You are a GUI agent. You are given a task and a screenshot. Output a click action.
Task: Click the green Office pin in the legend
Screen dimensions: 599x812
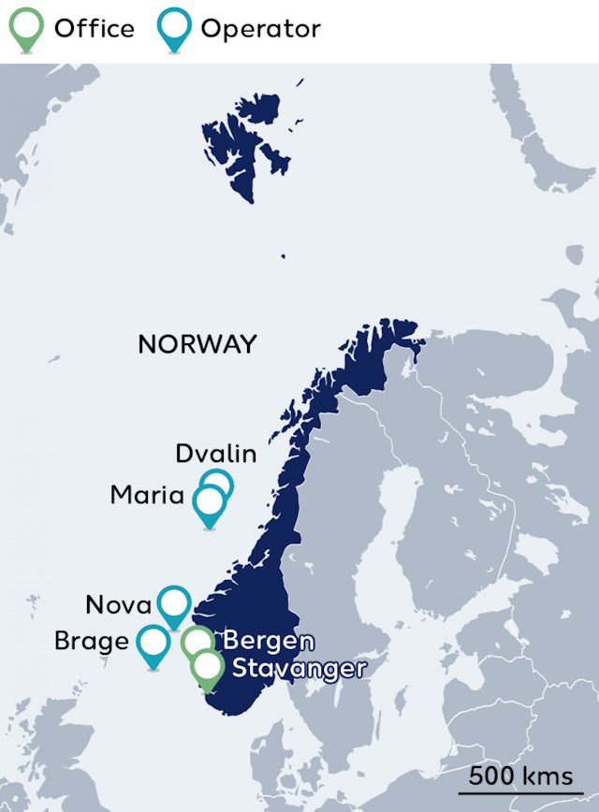(x=26, y=26)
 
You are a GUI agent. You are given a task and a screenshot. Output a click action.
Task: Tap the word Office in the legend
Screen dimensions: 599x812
(x=94, y=28)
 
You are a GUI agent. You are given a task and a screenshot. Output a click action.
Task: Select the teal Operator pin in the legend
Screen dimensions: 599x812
(x=174, y=26)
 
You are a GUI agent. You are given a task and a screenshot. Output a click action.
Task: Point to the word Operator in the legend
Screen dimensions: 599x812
(x=260, y=29)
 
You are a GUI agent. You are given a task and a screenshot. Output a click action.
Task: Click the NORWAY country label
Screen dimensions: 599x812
(x=197, y=344)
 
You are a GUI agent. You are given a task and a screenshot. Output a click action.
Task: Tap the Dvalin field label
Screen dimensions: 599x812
(x=216, y=454)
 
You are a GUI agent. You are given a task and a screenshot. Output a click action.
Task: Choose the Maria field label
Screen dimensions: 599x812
(x=147, y=495)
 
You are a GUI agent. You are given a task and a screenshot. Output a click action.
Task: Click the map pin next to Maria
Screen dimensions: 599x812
(x=210, y=502)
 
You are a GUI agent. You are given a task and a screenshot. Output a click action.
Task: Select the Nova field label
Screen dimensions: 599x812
(x=118, y=604)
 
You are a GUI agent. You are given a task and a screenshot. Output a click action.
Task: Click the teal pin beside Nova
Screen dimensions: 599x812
(x=174, y=603)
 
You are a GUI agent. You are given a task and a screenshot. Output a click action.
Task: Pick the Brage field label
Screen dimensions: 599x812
(x=92, y=642)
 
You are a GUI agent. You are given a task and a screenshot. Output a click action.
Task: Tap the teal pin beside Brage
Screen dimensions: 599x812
(x=153, y=644)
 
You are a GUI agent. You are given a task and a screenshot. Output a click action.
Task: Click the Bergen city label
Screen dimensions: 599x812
(x=268, y=642)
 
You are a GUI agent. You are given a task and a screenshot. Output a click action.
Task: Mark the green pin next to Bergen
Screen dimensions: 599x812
(x=195, y=642)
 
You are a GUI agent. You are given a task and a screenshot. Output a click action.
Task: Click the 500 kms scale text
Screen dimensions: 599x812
(x=521, y=776)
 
